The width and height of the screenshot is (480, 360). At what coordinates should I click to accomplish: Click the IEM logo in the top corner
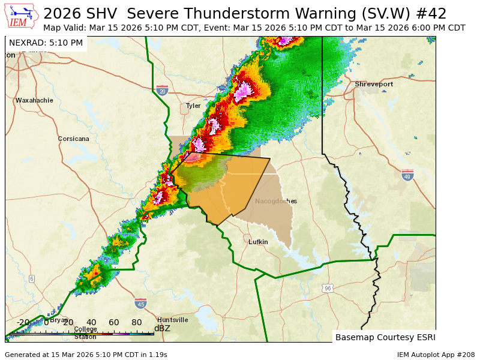tap(22, 16)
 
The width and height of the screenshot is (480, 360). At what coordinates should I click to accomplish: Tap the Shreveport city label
tap(373, 84)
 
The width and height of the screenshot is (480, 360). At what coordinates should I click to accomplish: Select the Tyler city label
tap(193, 106)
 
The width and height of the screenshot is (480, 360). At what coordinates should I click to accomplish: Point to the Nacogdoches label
tap(275, 201)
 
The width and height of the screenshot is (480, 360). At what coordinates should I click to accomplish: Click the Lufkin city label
tap(258, 242)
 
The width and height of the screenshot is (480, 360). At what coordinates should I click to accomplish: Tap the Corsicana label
tap(73, 139)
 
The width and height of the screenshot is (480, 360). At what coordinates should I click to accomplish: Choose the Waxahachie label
tap(34, 100)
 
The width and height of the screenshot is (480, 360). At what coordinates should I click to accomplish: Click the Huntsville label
tap(172, 320)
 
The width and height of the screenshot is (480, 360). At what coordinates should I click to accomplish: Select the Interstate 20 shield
tap(162, 90)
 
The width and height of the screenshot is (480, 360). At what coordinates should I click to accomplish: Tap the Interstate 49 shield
tap(407, 175)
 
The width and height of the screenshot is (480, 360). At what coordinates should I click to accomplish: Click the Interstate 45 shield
tap(140, 303)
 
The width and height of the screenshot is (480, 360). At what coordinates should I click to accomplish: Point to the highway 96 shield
tap(327, 289)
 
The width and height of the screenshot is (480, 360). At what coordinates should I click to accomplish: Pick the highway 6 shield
tap(31, 278)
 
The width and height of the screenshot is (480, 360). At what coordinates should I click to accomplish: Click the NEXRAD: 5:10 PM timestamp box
tap(46, 43)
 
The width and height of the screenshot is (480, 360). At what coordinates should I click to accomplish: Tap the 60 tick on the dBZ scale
tap(114, 322)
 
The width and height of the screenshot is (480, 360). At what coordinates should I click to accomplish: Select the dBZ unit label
tap(162, 328)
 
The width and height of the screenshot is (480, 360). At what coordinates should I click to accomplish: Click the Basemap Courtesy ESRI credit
tap(385, 337)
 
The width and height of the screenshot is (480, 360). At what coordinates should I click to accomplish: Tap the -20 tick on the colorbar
tap(23, 322)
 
